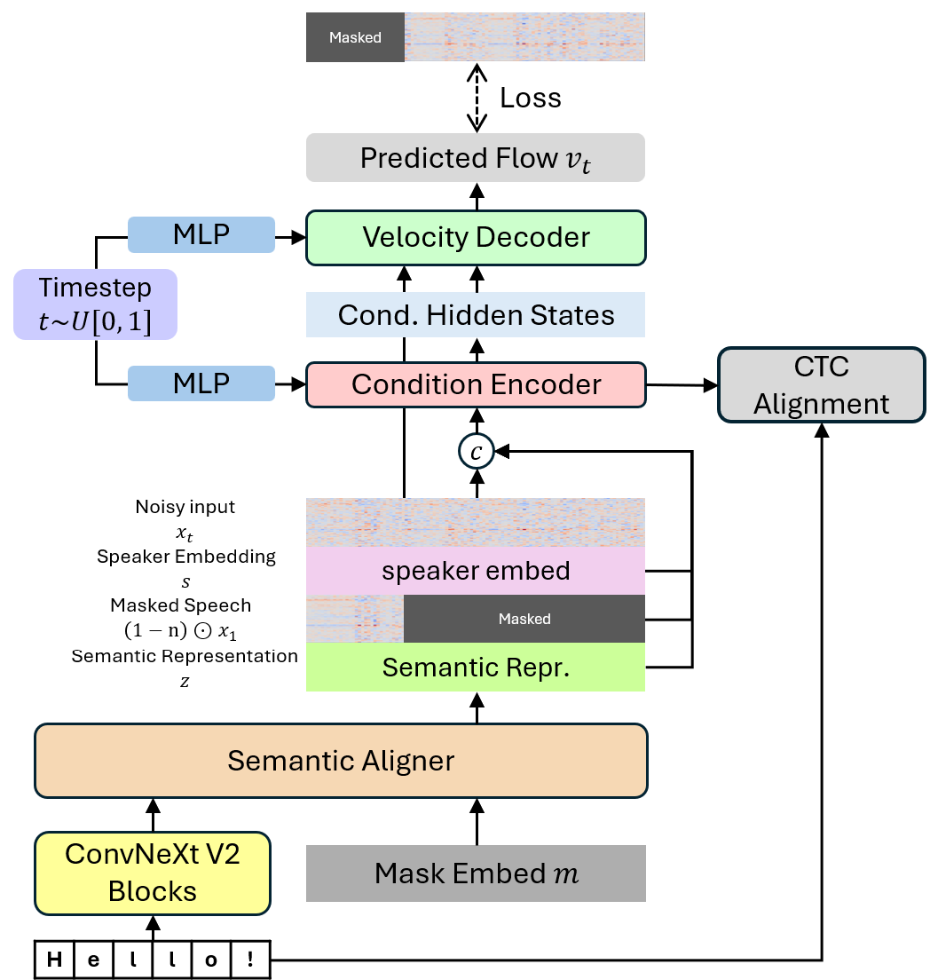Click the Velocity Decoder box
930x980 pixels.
point(476,237)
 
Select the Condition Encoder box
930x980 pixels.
point(476,384)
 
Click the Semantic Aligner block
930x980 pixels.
point(341,761)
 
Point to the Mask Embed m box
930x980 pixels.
point(476,873)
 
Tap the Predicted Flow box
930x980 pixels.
point(476,158)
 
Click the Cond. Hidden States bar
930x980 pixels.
point(476,314)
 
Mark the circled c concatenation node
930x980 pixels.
point(477,453)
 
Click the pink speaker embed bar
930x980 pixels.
point(476,570)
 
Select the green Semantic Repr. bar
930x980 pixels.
point(476,668)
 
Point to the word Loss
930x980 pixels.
point(531,98)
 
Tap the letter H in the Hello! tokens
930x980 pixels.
point(55,960)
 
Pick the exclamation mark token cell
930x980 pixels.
point(251,960)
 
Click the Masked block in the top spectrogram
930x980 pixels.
point(355,37)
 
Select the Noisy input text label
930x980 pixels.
point(185,507)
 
